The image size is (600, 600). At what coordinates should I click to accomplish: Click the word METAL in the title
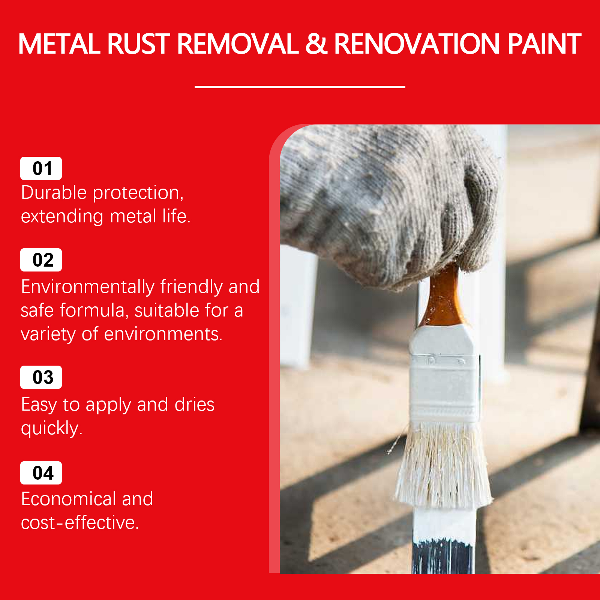click(x=59, y=44)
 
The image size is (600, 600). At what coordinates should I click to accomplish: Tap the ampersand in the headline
click(x=316, y=44)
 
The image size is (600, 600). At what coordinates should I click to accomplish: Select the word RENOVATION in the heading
click(x=417, y=44)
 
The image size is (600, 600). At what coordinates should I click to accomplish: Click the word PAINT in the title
click(x=544, y=44)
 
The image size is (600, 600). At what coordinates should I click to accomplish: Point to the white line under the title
click(x=300, y=87)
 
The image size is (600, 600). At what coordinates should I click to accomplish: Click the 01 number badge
click(x=41, y=168)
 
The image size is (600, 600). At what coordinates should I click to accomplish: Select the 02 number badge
click(x=41, y=260)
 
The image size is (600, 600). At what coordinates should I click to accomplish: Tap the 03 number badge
click(x=41, y=377)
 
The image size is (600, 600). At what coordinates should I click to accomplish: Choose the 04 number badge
click(x=41, y=473)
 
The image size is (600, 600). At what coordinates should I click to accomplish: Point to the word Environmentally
click(x=88, y=287)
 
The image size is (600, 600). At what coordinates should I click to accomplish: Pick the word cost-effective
click(x=80, y=523)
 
